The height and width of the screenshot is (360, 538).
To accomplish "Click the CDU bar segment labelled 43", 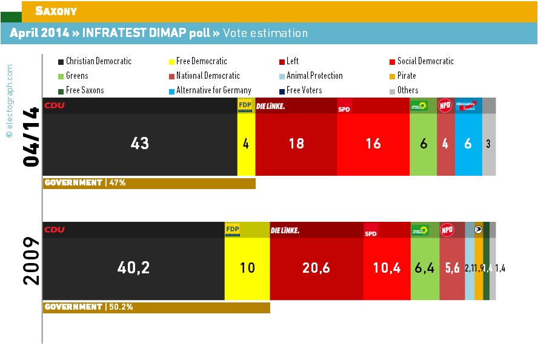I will point(140,144).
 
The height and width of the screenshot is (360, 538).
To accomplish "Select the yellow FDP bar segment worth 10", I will point(247,267).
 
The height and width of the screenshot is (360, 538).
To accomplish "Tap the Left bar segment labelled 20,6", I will point(316,267).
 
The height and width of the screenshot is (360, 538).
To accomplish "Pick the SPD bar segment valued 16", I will point(373,144).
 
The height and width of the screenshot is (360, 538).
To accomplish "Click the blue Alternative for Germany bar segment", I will point(468,144).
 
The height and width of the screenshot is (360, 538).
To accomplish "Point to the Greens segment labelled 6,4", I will point(425,267).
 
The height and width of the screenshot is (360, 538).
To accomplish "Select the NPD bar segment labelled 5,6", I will point(451,267).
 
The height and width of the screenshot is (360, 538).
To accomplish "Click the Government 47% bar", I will point(149,183).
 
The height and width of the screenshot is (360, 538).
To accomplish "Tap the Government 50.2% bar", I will point(156,307).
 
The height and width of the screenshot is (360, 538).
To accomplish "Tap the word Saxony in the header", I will point(56,11).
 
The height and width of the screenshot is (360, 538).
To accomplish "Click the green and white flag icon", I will point(11,11).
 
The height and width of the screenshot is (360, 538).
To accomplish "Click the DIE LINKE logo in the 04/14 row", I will point(271,106).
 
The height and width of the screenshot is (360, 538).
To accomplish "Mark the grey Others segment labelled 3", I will point(489,144).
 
